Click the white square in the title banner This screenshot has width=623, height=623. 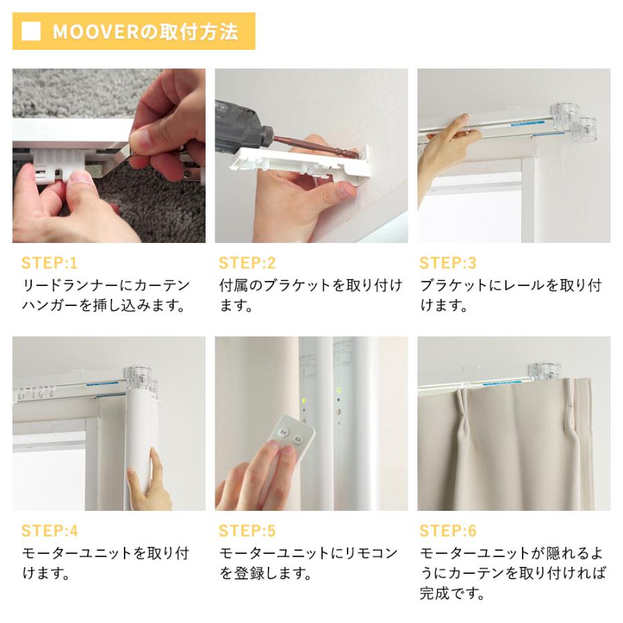point(31,32)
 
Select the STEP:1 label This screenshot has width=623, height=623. point(50,263)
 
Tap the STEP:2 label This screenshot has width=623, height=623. point(247,263)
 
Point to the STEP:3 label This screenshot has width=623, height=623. point(448,263)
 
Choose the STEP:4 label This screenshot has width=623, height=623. point(50,531)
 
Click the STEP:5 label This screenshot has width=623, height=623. point(247,531)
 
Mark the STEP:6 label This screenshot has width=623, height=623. point(448,531)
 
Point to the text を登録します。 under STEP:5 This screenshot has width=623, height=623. point(265,574)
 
